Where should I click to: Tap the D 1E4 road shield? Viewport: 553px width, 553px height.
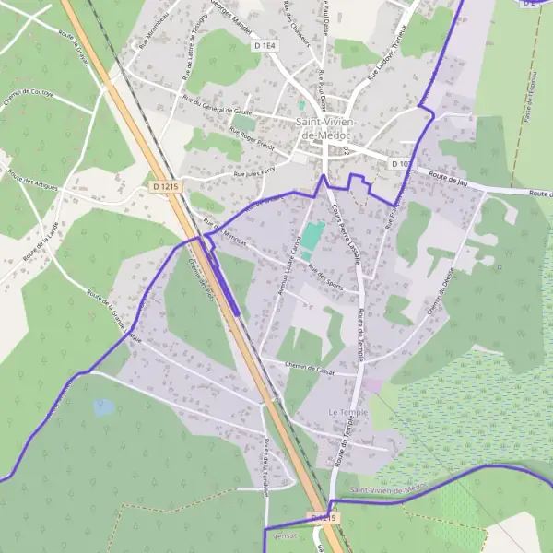click(264, 44)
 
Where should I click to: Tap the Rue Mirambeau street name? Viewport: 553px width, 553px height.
click(156, 32)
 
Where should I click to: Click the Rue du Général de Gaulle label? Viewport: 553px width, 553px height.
click(217, 109)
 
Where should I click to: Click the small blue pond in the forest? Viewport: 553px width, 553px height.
click(104, 406)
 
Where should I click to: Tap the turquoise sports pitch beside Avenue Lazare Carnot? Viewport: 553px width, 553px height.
click(312, 237)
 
